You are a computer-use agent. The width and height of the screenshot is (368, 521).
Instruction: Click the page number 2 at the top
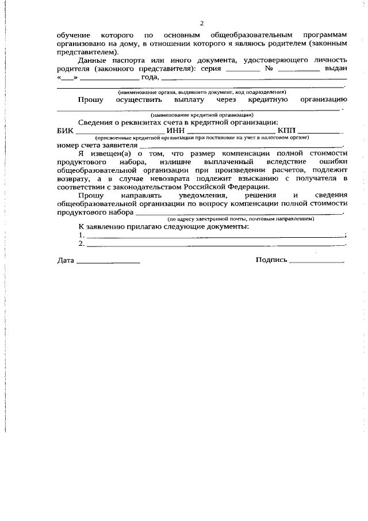[x=202, y=23]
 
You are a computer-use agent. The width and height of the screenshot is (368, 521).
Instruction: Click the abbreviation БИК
[x=66, y=130]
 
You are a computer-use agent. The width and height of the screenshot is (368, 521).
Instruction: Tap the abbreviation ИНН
[x=175, y=130]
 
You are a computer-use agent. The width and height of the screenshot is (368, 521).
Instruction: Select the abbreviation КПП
[x=286, y=130]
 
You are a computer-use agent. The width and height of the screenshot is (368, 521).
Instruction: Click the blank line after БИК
[x=116, y=132]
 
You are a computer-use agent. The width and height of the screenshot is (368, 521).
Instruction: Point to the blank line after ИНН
[x=231, y=132]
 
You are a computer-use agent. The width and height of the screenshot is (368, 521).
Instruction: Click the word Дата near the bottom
[x=66, y=260]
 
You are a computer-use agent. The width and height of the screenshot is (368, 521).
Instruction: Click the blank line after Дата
[x=108, y=263]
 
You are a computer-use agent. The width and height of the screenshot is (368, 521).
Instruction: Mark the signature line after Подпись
[x=317, y=263]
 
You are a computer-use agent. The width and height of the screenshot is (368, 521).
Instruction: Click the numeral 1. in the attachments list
[x=81, y=235]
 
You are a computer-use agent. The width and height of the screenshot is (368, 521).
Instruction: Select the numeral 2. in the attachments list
[x=81, y=244]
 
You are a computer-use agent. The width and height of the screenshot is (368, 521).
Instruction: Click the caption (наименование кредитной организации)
[x=201, y=115]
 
